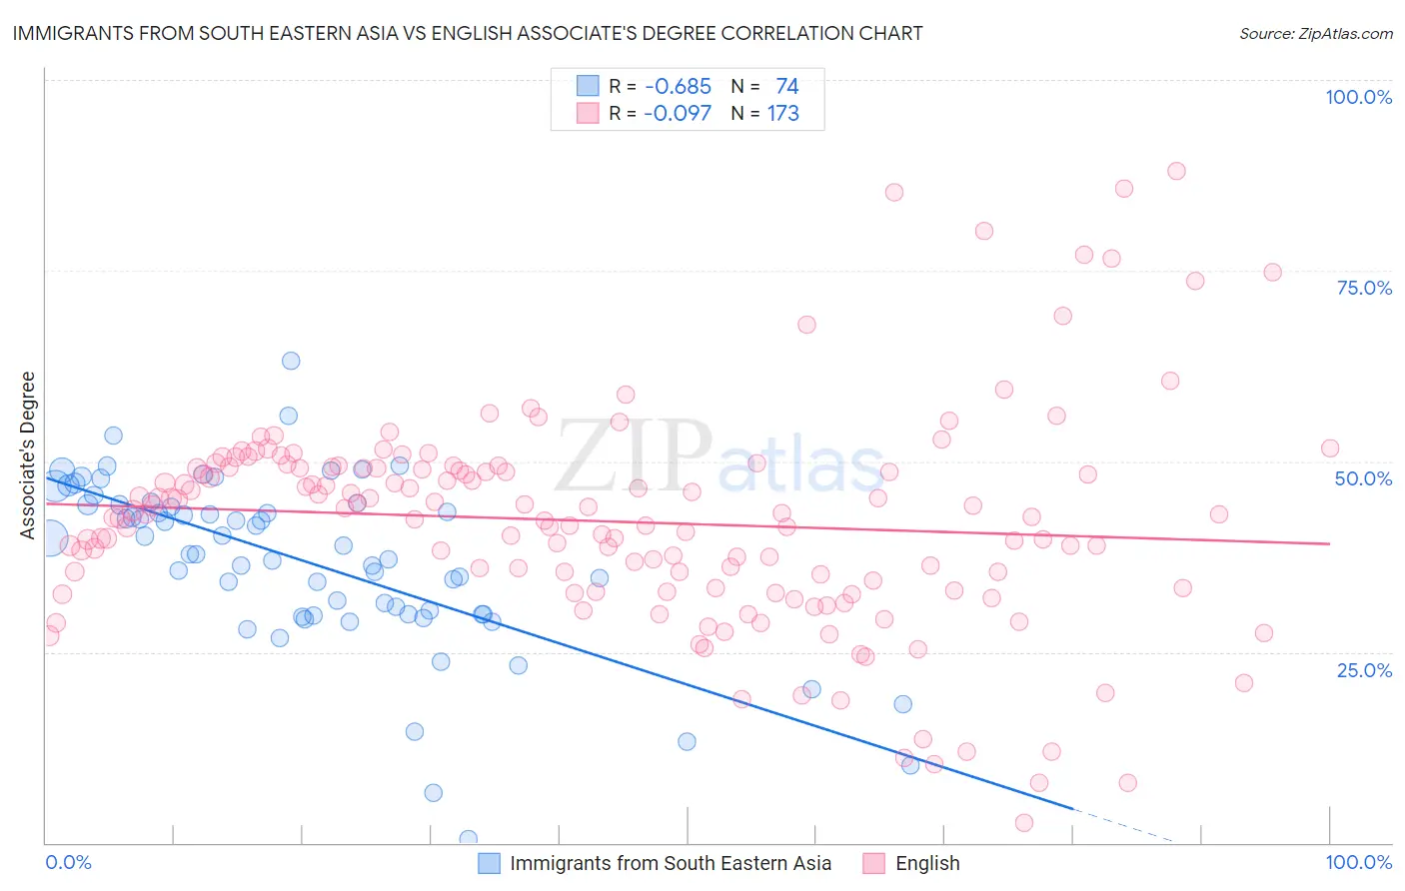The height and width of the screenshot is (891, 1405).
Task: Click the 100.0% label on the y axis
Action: click(1358, 97)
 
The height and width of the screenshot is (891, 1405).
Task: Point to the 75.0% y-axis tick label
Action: click(1364, 288)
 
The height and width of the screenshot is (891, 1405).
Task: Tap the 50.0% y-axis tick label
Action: click(1363, 478)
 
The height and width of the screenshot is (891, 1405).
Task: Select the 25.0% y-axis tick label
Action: click(1364, 669)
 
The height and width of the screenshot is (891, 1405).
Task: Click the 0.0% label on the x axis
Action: click(68, 862)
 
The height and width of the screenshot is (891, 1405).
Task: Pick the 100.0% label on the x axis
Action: click(1358, 862)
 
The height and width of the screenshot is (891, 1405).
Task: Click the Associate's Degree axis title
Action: click(28, 455)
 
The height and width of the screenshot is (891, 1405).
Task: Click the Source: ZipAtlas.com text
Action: click(1315, 33)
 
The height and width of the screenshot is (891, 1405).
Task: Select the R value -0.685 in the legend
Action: click(678, 87)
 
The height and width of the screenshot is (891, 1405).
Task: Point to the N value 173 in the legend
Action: click(782, 114)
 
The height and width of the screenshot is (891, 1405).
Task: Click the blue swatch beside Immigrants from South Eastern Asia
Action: click(489, 863)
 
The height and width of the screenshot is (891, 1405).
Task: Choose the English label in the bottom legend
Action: click(927, 863)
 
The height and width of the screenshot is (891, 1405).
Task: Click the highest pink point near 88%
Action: click(1176, 171)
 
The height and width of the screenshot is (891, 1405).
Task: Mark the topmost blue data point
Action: click(291, 361)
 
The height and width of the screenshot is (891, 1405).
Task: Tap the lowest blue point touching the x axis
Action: click(468, 838)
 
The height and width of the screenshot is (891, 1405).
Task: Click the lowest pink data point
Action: click(1024, 823)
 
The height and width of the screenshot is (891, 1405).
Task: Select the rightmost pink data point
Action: click(1330, 448)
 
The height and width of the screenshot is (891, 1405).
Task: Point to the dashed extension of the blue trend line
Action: click(1124, 825)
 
